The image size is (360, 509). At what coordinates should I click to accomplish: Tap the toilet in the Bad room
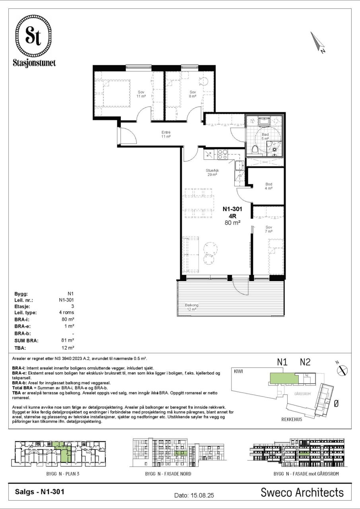[x=255, y=150]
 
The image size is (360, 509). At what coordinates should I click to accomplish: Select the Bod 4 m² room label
[x=269, y=186]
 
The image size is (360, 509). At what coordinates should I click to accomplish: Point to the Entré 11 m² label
[x=166, y=134]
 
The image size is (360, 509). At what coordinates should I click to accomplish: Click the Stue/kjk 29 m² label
[x=212, y=173]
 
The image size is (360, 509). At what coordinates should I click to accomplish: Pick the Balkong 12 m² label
[x=192, y=307]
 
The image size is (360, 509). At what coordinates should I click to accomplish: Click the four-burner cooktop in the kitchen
[x=222, y=154]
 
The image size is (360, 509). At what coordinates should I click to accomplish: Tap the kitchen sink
[x=239, y=165]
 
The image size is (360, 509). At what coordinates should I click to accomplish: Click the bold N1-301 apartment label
[x=232, y=209]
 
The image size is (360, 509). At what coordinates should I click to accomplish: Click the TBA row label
[x=20, y=348]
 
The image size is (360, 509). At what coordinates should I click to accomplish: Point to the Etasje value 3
[x=72, y=306]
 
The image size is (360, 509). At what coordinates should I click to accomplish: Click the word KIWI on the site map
[x=238, y=371]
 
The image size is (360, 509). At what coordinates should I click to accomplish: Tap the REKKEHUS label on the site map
[x=292, y=420]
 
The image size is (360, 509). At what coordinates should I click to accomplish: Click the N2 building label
[x=305, y=362]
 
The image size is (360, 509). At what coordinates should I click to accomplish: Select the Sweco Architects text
[x=302, y=492]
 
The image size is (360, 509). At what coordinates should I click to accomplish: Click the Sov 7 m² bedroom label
[x=269, y=229]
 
